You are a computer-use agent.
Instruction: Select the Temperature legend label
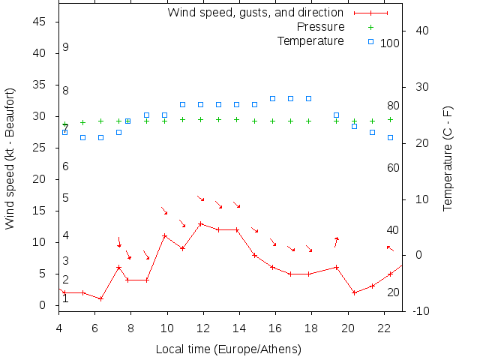(x=310, y=40)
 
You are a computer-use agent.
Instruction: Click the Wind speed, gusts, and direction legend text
(x=256, y=12)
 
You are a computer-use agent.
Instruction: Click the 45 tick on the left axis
(x=41, y=22)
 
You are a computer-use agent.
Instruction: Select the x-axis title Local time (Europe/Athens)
(x=228, y=349)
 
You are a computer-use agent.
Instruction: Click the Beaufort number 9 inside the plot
(x=66, y=47)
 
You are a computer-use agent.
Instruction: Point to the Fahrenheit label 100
(x=390, y=43)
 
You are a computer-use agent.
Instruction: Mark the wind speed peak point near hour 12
(x=200, y=223)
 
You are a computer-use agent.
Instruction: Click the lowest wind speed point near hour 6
(x=100, y=298)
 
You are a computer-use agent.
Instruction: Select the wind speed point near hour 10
(x=164, y=235)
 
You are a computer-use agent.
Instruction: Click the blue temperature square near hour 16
(x=272, y=98)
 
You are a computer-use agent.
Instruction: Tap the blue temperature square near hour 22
(x=390, y=137)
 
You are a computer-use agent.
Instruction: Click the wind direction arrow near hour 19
(x=336, y=241)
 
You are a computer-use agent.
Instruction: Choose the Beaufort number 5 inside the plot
(x=66, y=198)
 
